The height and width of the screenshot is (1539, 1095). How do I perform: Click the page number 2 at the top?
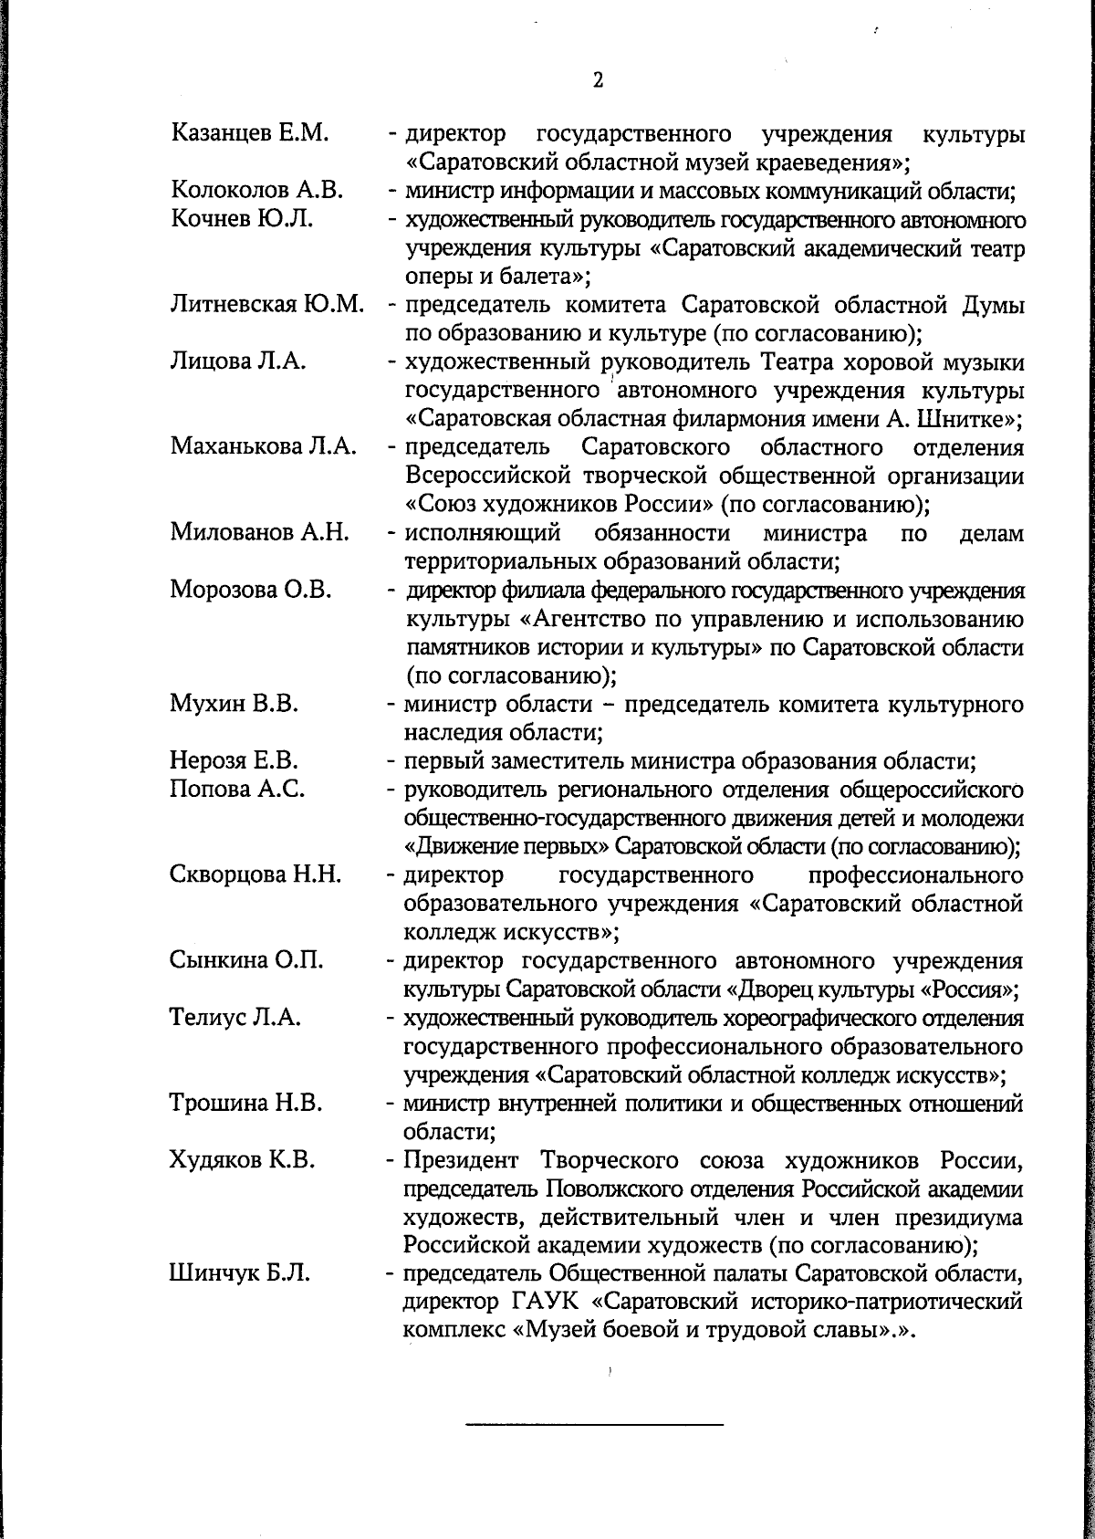coord(598,80)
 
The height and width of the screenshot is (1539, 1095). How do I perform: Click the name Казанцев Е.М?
coord(249,134)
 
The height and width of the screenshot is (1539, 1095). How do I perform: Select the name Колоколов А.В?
coord(256,191)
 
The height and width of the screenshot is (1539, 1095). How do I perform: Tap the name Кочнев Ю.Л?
coord(242,219)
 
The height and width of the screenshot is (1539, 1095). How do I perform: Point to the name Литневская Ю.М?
coord(267,304)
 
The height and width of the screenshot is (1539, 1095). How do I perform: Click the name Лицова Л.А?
coord(237,361)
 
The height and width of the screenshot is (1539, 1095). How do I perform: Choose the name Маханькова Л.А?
coord(263,446)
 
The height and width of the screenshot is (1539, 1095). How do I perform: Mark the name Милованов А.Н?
coord(260,532)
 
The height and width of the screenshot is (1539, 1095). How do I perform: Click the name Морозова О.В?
coord(250,590)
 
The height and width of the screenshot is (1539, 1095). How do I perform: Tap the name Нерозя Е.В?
coord(235,760)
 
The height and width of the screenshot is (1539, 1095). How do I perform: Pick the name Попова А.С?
coord(237,789)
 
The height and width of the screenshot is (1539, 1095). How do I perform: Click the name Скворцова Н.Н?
coord(255,874)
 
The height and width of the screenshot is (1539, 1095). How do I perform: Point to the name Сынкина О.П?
coord(246,960)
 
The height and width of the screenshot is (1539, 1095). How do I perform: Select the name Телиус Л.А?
coord(235,1017)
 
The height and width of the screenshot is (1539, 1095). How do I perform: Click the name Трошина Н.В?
coord(246,1103)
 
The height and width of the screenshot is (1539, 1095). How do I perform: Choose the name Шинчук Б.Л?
coord(240,1273)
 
